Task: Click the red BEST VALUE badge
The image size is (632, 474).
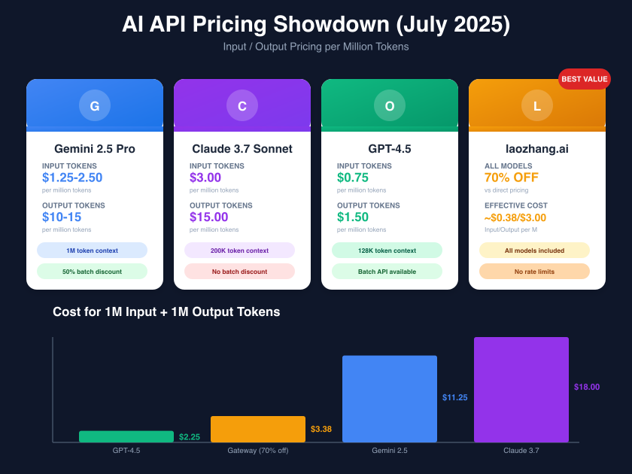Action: (584, 79)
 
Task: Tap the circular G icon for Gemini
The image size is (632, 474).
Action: (95, 106)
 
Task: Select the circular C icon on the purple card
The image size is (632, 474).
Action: (242, 106)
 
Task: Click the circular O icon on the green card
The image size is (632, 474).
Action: (390, 106)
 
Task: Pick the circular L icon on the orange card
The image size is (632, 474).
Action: (537, 106)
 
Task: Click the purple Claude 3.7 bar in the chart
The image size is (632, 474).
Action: (521, 390)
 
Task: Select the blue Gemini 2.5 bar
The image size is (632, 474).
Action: (389, 399)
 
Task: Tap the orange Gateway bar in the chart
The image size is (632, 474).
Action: (257, 429)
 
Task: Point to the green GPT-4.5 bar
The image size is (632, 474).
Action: (126, 436)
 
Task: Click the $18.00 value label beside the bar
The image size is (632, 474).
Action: (587, 387)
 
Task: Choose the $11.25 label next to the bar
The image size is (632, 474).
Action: (455, 397)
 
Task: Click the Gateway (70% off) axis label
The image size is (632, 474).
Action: (257, 451)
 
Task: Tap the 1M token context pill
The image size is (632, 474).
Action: (92, 251)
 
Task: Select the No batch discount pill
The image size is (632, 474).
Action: (239, 272)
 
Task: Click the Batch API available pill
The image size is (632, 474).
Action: (387, 272)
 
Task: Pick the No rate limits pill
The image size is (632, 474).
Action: (534, 272)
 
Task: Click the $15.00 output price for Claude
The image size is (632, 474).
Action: (208, 217)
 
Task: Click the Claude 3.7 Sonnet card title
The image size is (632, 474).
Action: (242, 149)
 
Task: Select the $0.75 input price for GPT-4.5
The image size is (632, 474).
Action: (354, 178)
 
